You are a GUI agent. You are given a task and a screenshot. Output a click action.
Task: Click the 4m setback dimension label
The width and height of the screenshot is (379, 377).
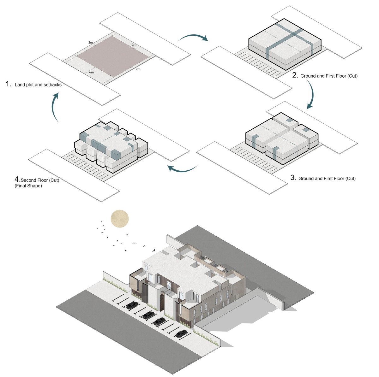[x=134, y=45]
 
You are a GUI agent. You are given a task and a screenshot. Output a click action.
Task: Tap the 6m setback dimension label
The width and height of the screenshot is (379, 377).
[x=92, y=73]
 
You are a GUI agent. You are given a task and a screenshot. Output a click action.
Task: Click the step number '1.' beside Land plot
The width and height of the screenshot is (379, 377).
[x=9, y=84]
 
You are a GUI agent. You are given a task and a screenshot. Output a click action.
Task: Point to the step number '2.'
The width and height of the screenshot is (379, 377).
[x=295, y=75]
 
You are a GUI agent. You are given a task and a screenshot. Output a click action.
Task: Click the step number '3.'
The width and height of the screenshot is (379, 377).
[x=293, y=178]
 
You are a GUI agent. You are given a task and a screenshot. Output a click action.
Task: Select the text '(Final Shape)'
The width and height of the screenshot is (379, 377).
[x=28, y=186]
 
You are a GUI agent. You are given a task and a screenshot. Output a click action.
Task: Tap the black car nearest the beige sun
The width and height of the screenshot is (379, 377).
[x=132, y=305]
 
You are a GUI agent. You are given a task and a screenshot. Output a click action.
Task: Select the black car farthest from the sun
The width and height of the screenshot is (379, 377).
[x=181, y=333]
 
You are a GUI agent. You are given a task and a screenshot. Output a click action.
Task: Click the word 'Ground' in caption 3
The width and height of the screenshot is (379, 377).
[x=306, y=179]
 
